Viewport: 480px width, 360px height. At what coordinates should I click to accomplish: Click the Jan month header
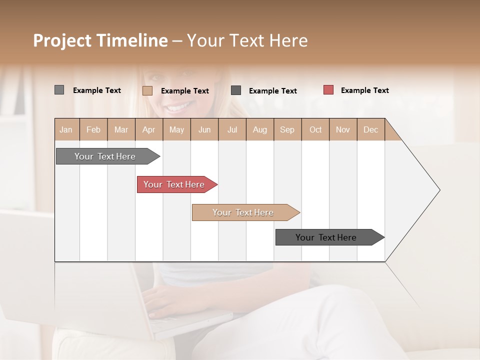(x=66, y=129)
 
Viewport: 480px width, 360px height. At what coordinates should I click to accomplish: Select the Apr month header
(x=148, y=129)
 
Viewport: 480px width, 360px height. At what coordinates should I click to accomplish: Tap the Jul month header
(x=232, y=129)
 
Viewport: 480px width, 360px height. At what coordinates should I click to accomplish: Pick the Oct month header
(x=315, y=129)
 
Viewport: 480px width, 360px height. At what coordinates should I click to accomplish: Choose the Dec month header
(x=370, y=129)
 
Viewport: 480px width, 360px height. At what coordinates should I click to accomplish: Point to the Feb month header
(x=93, y=129)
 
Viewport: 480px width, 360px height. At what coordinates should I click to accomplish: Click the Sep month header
(x=287, y=129)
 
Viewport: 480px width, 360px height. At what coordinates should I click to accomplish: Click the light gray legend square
(x=59, y=90)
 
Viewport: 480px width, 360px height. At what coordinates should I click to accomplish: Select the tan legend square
(x=147, y=90)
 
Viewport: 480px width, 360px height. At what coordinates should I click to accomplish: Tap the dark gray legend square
(x=236, y=90)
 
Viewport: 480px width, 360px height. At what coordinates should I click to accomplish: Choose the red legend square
(x=328, y=90)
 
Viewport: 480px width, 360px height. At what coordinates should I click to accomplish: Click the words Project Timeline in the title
(x=100, y=40)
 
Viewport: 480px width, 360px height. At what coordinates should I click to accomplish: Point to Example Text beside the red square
(x=364, y=90)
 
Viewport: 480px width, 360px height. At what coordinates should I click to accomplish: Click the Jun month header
(x=204, y=129)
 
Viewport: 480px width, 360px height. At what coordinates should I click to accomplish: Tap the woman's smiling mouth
(x=179, y=107)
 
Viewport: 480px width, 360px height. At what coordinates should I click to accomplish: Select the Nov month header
(x=343, y=129)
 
